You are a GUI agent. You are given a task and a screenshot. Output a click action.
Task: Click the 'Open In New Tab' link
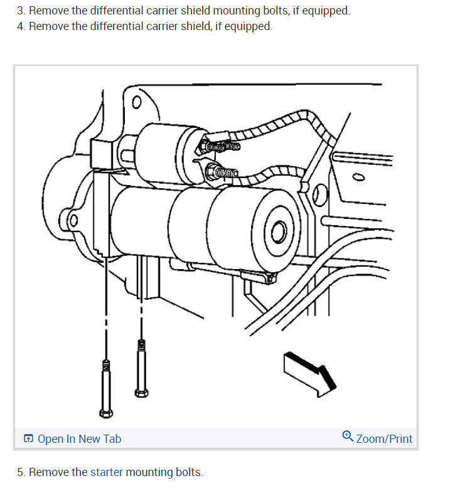[79, 439]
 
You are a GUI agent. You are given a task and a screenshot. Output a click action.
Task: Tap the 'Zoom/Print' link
[384, 439]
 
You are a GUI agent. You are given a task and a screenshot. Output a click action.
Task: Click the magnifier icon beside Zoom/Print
[348, 437]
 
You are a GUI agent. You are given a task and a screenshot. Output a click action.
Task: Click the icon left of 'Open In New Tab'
[28, 439]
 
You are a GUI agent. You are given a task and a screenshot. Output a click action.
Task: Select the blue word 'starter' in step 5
[107, 472]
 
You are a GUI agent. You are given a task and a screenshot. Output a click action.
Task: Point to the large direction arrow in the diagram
[309, 372]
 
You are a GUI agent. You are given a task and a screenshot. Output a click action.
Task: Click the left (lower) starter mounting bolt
[105, 388]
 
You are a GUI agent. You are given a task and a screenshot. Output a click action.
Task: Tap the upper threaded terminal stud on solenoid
[220, 147]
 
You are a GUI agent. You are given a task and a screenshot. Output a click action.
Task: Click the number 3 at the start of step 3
[20, 11]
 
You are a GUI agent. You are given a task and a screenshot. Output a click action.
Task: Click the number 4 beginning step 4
[20, 26]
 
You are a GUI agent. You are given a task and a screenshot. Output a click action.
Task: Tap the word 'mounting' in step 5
[149, 472]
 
